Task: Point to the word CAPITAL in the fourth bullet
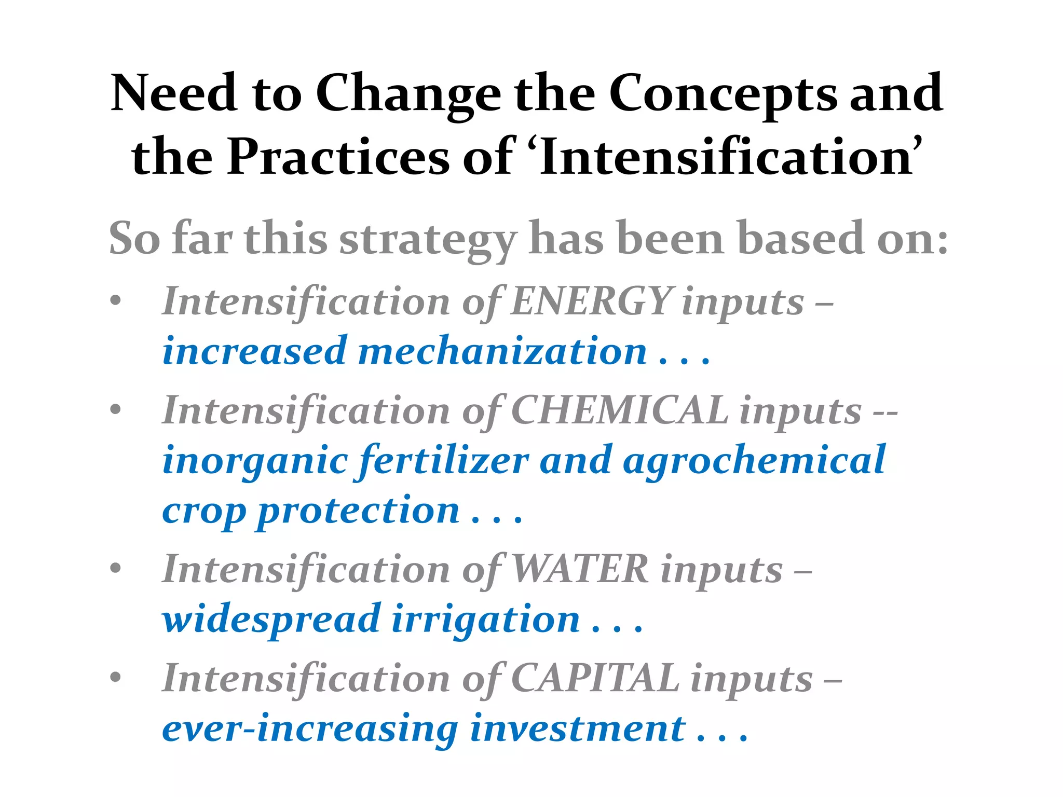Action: [595, 678]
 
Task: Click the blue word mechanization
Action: [502, 351]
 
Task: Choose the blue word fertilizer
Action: [444, 461]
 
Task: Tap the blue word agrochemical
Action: [754, 461]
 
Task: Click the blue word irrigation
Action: [485, 620]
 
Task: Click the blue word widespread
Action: [271, 620]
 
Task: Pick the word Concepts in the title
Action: [723, 93]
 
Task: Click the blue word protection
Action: [358, 511]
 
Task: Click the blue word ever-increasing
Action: [310, 729]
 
